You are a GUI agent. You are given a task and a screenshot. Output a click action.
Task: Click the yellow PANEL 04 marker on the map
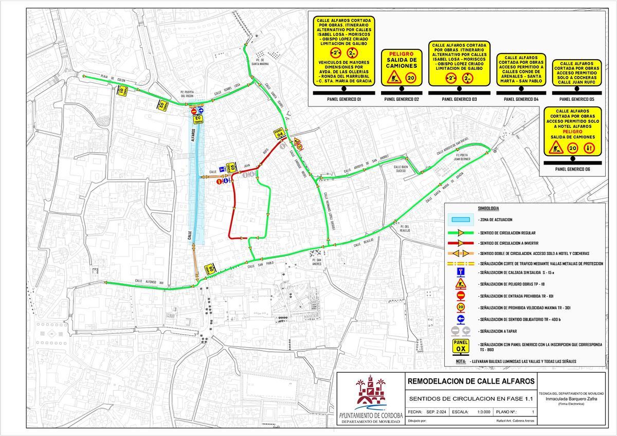pos(279,134)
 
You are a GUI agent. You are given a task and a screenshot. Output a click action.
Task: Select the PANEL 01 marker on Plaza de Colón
pos(121,90)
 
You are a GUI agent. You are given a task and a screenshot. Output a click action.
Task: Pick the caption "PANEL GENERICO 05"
pos(576,99)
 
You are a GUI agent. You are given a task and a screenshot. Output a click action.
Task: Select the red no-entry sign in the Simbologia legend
pos(461,295)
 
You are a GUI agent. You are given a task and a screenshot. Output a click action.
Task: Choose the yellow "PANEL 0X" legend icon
pos(460,346)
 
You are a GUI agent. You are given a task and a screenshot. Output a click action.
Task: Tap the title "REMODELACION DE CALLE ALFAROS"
pos(470,382)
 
